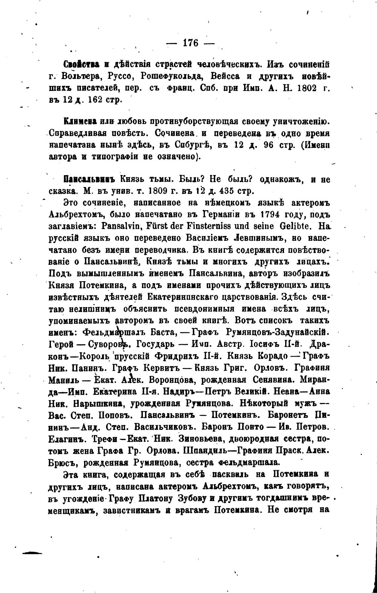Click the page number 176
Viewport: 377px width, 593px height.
point(190,43)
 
